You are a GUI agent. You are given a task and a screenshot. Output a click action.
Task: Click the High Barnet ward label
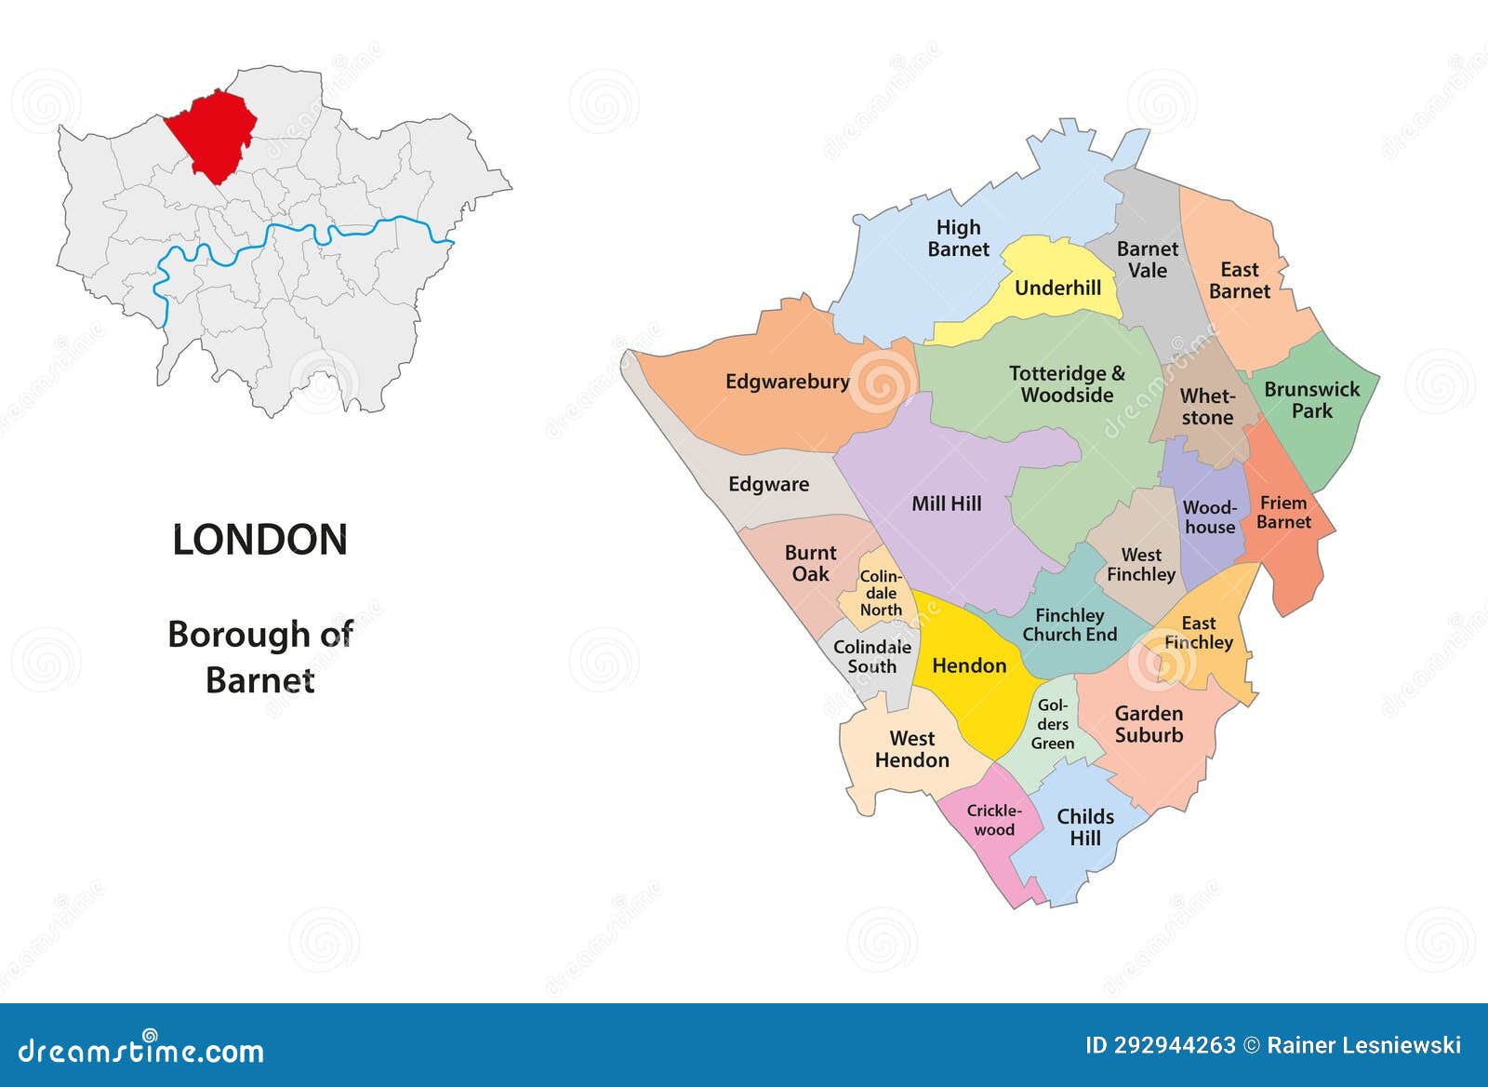[958, 238]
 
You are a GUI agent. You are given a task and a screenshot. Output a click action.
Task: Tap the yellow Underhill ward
[1057, 288]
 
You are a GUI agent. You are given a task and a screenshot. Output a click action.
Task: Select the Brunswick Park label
[1311, 400]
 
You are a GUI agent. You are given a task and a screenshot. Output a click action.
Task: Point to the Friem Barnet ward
[1283, 513]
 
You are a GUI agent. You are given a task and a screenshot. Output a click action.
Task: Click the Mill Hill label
[946, 503]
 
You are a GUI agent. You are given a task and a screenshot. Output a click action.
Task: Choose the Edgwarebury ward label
[787, 382]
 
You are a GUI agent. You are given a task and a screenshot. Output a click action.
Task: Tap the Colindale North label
[880, 594]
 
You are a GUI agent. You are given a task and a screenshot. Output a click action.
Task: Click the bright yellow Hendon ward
[969, 665]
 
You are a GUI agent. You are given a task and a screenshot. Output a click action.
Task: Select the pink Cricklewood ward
[993, 820]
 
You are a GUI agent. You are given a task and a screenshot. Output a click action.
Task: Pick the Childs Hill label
[1085, 827]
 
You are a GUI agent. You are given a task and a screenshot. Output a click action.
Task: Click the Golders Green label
[1053, 725]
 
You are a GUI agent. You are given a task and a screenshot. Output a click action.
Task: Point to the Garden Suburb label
[1149, 724]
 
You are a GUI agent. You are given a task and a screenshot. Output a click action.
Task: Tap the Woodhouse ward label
[1209, 517]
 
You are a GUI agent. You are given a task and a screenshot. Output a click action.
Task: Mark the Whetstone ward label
[1207, 408]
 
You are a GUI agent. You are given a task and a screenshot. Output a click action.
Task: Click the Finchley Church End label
[1069, 625]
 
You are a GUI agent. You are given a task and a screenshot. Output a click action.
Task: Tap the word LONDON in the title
[259, 540]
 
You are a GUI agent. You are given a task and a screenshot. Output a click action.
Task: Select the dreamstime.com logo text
[141, 1051]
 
